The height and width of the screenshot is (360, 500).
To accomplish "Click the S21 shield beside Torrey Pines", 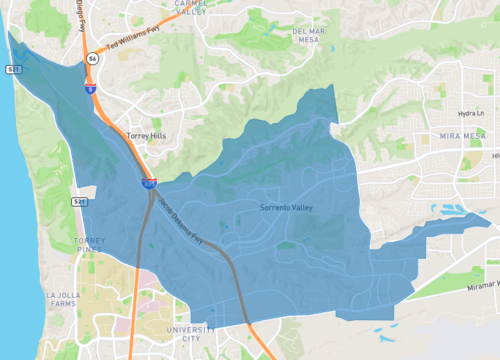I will (78, 201).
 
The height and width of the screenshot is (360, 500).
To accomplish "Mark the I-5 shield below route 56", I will (89, 88).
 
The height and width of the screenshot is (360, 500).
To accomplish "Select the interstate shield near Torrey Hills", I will (147, 182).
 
